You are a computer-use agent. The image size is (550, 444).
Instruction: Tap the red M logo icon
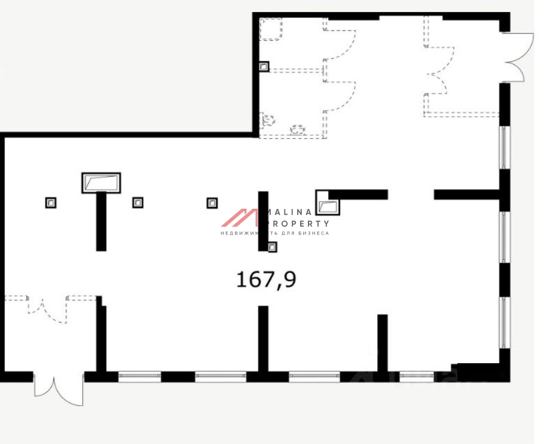(239, 218)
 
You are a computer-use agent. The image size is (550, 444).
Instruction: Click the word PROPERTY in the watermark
(299, 223)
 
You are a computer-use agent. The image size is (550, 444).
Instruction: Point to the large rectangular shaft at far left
(101, 183)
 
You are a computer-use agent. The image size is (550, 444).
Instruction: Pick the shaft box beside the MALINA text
(328, 203)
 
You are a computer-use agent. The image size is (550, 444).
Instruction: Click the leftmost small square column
(51, 203)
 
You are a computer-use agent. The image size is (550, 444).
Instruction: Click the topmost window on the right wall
(505, 147)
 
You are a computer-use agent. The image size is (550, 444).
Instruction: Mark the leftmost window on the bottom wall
(139, 376)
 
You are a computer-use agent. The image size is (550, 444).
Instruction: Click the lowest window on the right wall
(505, 322)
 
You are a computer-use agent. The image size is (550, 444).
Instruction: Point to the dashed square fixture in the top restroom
(271, 29)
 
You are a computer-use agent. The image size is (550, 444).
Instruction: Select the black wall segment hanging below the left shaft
(101, 221)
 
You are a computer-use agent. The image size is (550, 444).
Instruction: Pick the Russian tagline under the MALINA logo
(274, 233)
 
